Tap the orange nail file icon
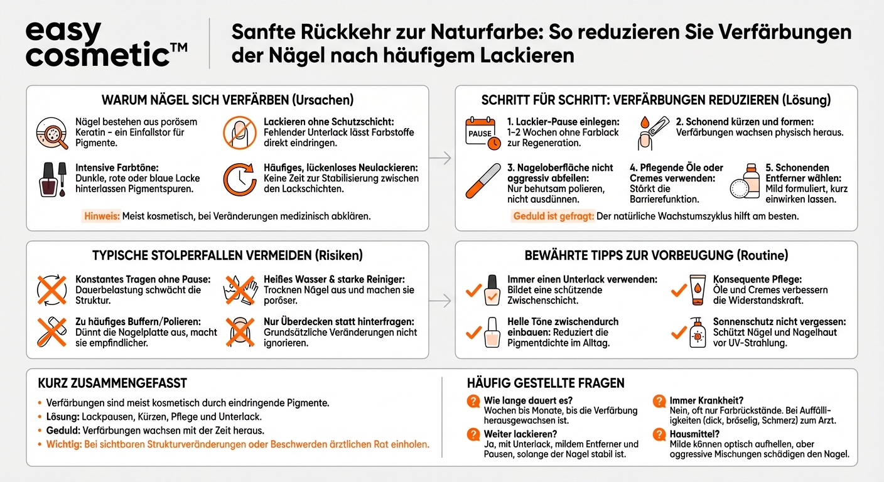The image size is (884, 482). [x=483, y=180]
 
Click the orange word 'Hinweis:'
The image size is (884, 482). [x=100, y=216]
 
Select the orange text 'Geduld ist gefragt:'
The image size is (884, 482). [x=554, y=216]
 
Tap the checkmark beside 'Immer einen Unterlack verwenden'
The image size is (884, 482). [x=473, y=291]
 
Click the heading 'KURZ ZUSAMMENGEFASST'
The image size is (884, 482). [x=112, y=383]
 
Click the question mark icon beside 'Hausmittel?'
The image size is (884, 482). [x=659, y=434]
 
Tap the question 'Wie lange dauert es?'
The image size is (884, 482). [x=529, y=400]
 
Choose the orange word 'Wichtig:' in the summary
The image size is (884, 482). [x=63, y=444]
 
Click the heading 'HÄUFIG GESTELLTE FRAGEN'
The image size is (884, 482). [x=546, y=383]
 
